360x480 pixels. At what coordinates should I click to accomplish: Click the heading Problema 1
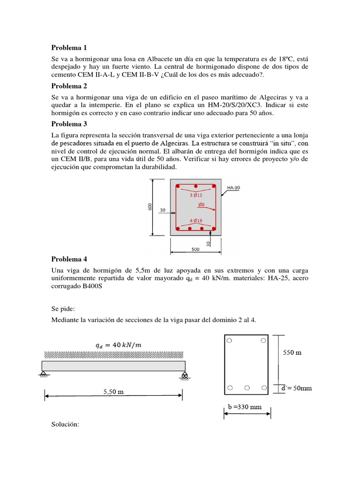pos(69,48)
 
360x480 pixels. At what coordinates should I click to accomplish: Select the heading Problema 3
pos(69,124)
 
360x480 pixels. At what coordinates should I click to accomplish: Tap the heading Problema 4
pos(69,259)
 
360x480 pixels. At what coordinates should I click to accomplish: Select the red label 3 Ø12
pos(196,194)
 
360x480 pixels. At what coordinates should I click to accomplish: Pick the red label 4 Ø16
pos(196,220)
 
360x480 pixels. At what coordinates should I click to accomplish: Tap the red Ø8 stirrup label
pos(202,204)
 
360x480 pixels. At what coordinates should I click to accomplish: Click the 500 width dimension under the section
pos(195,249)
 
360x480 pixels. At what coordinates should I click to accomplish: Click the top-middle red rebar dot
pos(196,186)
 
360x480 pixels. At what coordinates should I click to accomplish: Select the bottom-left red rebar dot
pos(178,229)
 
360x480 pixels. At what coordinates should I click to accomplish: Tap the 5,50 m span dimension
pos(113,392)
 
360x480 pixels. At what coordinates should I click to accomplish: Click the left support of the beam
pos(43,374)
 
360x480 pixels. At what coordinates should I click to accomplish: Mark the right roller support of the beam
pos(184,375)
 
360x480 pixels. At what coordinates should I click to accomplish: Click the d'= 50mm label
pos(296,388)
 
